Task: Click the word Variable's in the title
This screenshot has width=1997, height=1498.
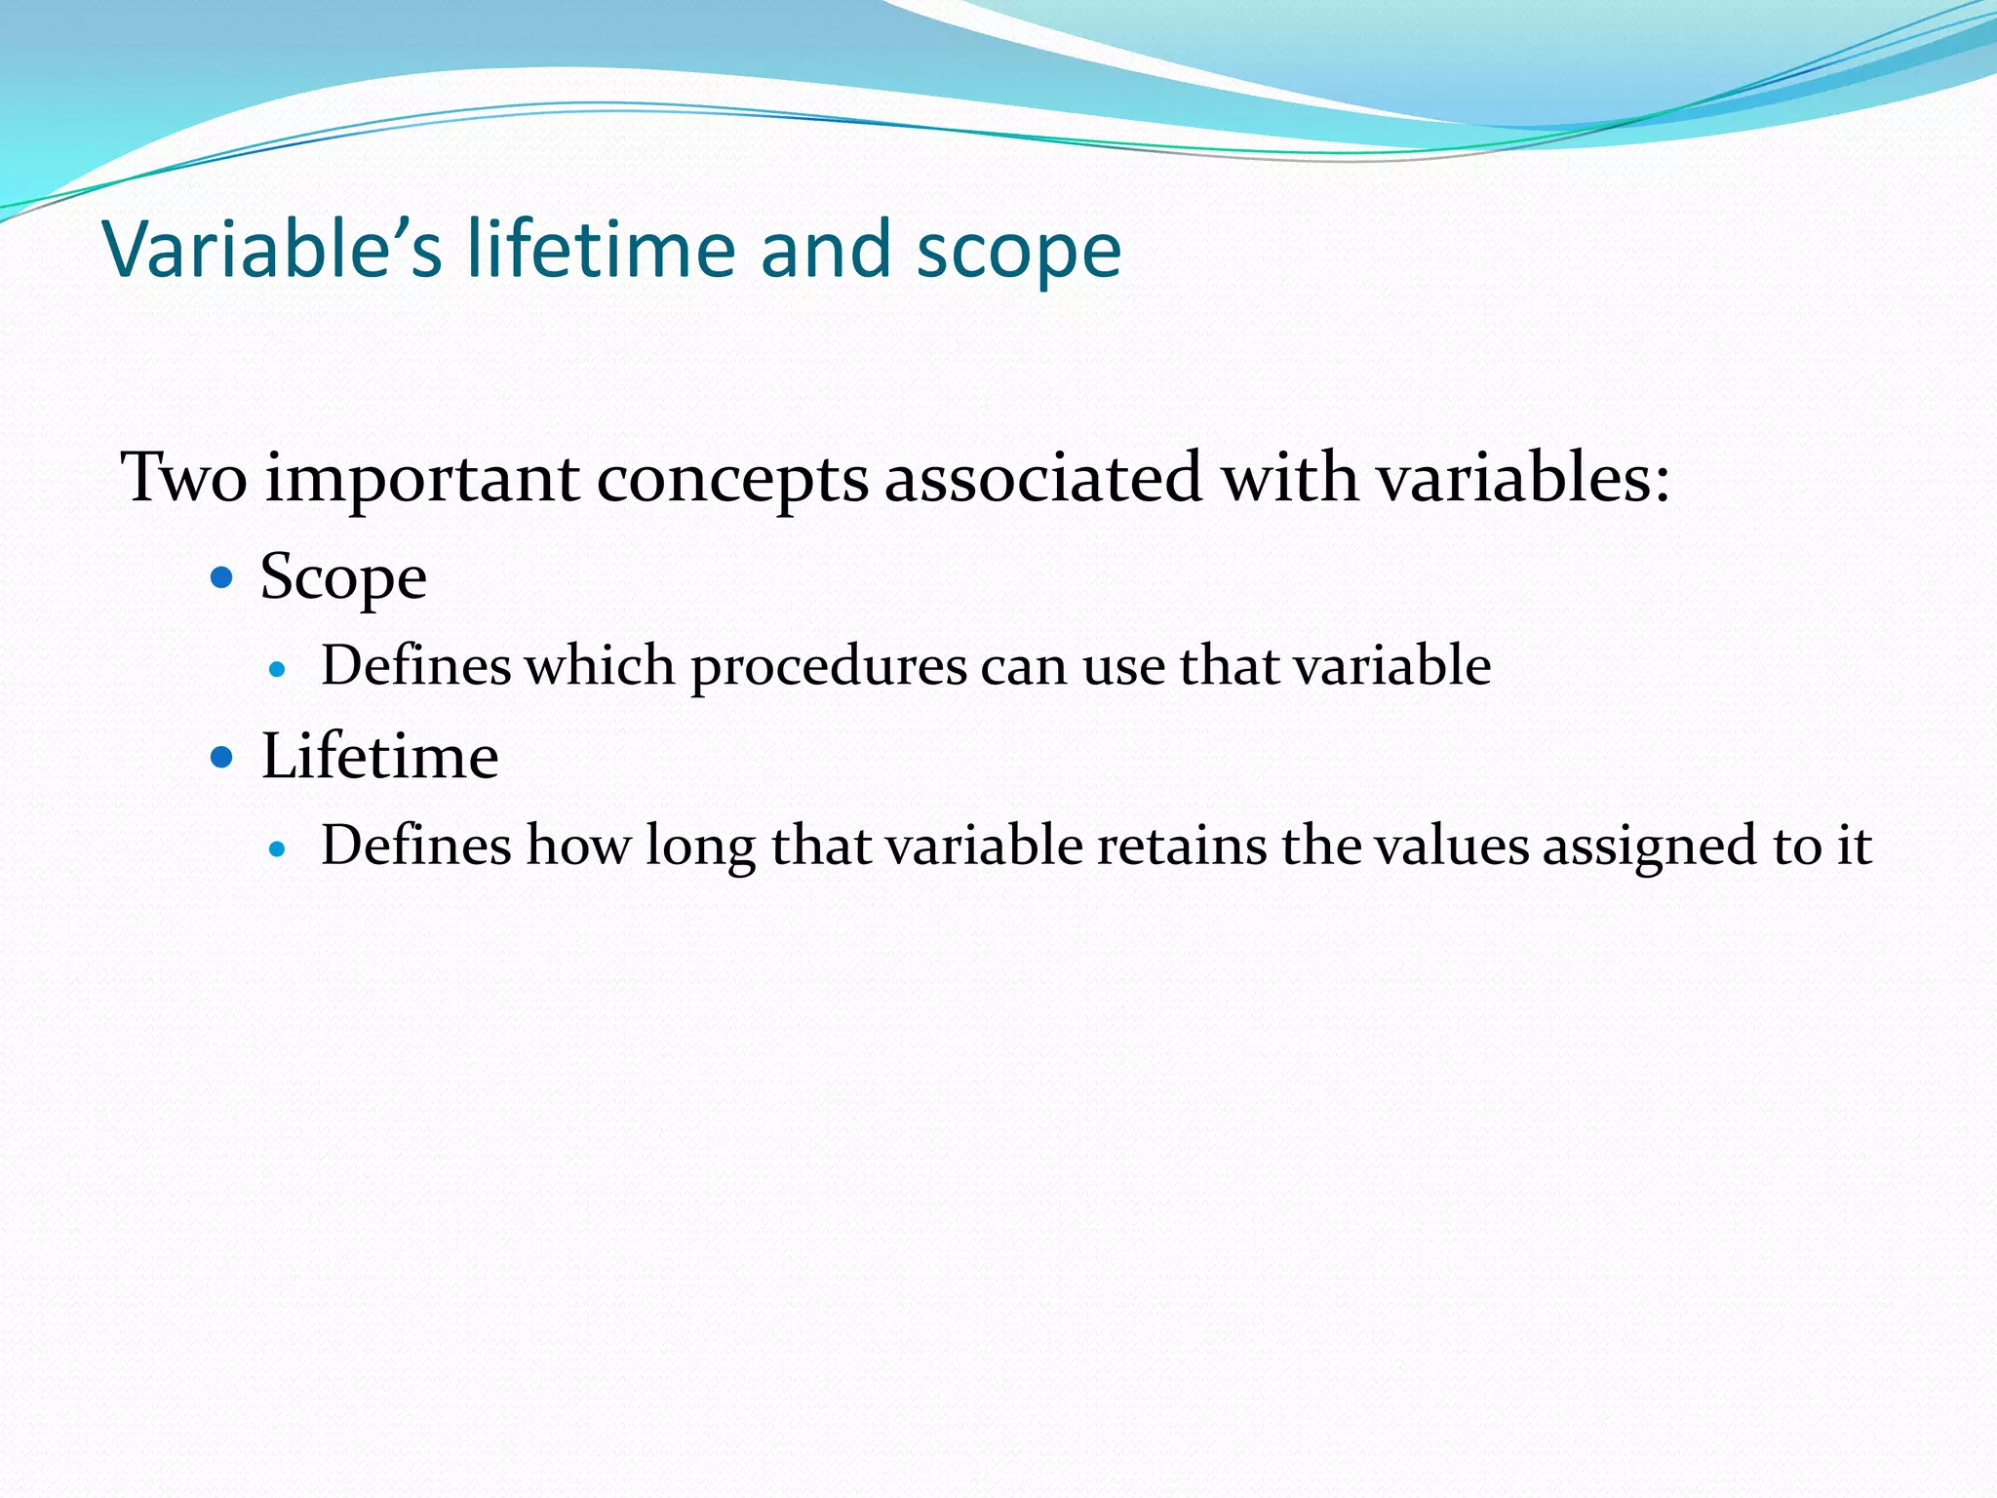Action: [x=272, y=250]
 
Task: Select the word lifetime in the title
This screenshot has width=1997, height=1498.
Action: [x=601, y=249]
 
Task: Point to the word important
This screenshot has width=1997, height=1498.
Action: [x=423, y=480]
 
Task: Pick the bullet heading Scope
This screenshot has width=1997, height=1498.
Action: [x=343, y=578]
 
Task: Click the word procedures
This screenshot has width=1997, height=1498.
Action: [x=829, y=668]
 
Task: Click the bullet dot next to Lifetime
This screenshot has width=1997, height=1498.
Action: [x=222, y=757]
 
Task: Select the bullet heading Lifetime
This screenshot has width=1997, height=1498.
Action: [x=379, y=757]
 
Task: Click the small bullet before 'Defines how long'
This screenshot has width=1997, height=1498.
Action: [x=278, y=849]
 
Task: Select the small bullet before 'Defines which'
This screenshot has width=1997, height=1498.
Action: [x=278, y=670]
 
